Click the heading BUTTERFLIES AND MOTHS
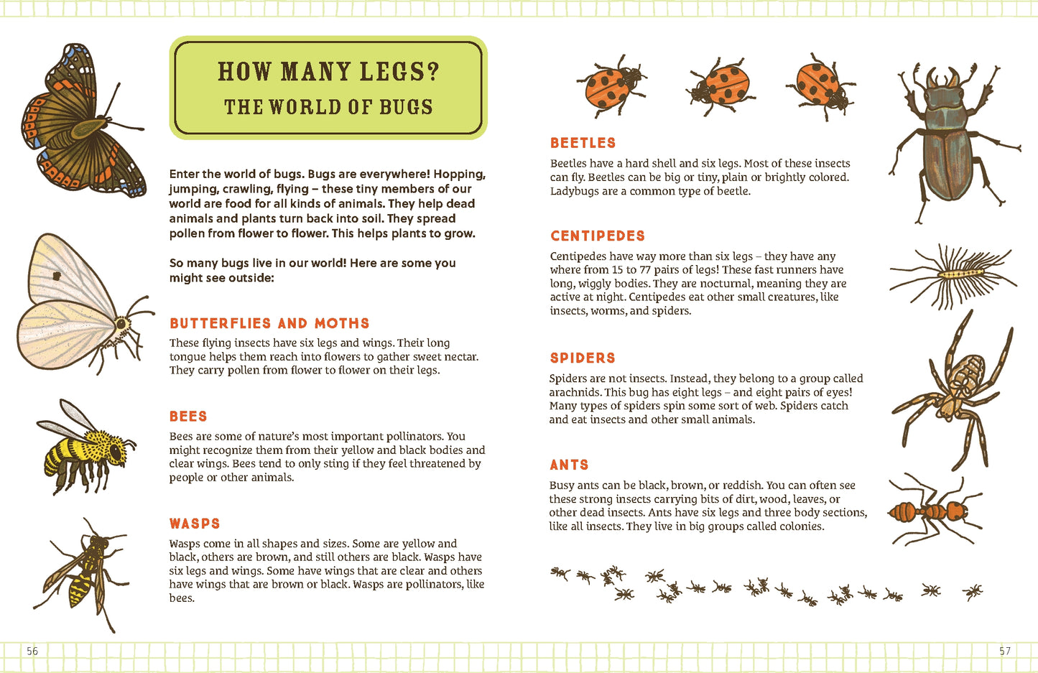[x=269, y=323]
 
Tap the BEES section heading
[x=188, y=417]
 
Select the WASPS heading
[x=195, y=524]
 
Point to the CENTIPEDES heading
[x=598, y=236]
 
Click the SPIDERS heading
[x=583, y=358]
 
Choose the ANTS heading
[x=569, y=465]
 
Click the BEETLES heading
[x=583, y=143]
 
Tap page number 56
[x=32, y=651]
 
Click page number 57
[x=1004, y=651]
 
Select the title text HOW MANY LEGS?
[x=328, y=72]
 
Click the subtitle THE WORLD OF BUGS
[x=328, y=107]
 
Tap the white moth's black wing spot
[x=56, y=275]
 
